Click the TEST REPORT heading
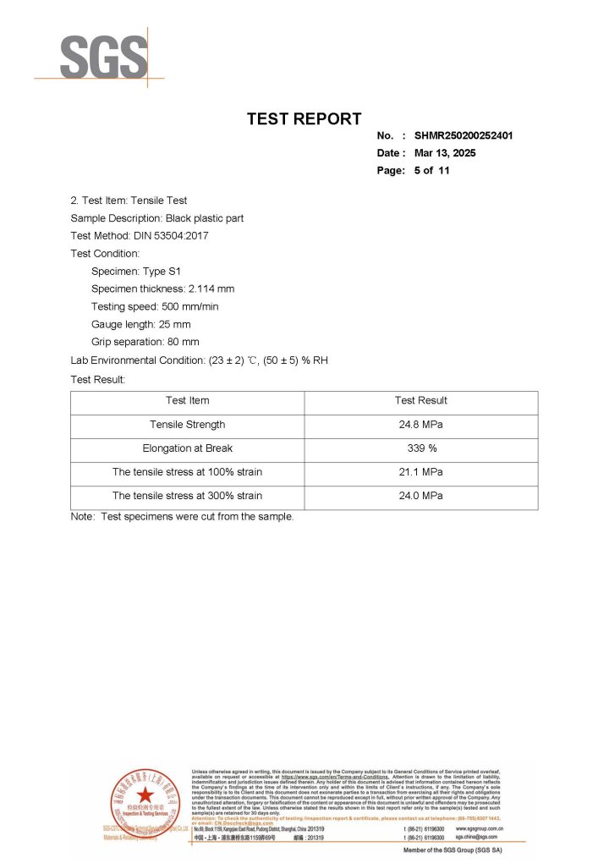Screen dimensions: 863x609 304,119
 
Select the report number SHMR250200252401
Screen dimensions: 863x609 464,135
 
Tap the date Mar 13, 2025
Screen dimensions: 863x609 445,153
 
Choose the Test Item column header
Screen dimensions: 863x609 187,400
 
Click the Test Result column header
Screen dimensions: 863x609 420,400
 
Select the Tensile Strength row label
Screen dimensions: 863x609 187,425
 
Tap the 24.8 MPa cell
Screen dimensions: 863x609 420,425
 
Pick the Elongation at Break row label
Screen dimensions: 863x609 187,448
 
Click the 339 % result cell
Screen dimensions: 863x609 420,448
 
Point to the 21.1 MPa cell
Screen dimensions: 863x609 420,472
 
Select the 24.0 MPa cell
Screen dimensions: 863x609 420,496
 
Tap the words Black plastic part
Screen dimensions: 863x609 204,218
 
